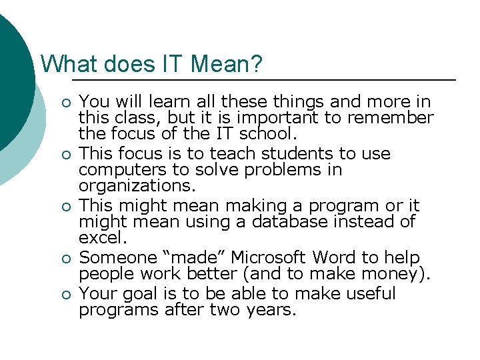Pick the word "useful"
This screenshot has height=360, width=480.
(371, 294)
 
